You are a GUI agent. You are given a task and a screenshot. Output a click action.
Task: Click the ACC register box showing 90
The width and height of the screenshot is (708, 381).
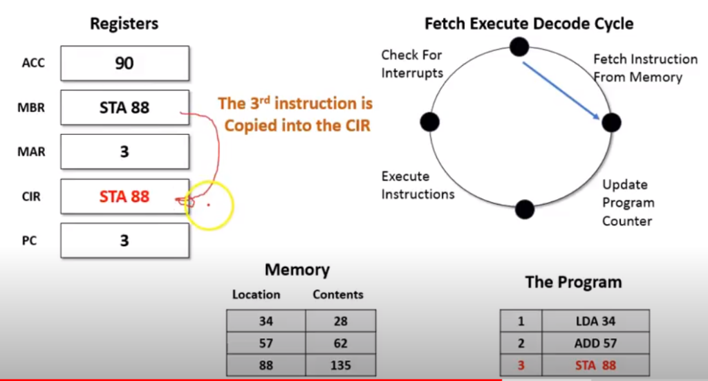pos(124,64)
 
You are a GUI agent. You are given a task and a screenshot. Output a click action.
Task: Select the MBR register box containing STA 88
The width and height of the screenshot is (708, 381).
pos(124,108)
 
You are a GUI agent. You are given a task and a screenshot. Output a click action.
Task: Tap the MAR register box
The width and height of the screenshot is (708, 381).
pos(124,151)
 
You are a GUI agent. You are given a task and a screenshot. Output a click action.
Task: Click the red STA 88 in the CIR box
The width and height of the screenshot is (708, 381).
pos(124,196)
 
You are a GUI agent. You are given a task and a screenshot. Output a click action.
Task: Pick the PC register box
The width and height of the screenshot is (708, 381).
pos(124,241)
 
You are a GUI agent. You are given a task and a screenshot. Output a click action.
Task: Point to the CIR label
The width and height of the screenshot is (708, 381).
pos(31,196)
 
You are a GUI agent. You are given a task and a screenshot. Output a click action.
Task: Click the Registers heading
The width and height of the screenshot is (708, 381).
pos(124,24)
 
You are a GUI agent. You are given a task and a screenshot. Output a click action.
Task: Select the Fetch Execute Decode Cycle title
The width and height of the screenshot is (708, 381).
pos(529,24)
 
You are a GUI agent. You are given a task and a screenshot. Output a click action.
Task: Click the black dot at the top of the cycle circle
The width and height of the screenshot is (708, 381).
pos(519,46)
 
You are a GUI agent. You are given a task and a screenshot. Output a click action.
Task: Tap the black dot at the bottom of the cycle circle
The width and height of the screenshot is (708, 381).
pos(525,209)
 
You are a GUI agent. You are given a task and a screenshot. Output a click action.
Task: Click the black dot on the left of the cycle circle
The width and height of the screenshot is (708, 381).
pos(429,122)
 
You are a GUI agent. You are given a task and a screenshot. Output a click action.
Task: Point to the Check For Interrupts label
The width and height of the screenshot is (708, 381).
pos(412,64)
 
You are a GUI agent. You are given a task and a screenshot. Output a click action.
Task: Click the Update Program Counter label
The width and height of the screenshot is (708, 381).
pos(627,203)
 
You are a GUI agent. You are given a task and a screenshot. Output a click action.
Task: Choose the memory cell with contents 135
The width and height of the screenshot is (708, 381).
pos(339,365)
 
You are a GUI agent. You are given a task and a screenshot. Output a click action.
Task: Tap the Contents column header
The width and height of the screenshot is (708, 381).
pos(337,295)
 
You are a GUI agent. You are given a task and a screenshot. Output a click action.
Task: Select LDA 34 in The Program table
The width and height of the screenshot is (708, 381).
pos(595,321)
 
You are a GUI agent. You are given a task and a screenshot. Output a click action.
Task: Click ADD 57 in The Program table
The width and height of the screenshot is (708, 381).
pos(595,343)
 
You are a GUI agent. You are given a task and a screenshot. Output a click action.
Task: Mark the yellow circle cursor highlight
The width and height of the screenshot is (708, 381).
pos(209,205)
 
